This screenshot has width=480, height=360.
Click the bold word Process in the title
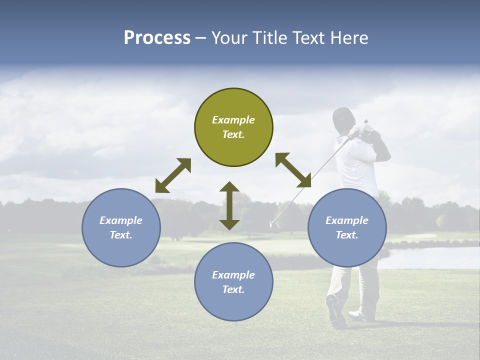tap(157, 38)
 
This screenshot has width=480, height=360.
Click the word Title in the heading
tap(269, 38)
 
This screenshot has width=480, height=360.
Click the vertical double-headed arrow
tap(229, 205)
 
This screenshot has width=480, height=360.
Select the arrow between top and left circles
tap(173, 175)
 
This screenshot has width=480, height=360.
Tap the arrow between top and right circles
tap(293, 170)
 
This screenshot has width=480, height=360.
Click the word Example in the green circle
tap(233, 120)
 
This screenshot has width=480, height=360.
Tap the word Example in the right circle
tap(347, 220)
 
